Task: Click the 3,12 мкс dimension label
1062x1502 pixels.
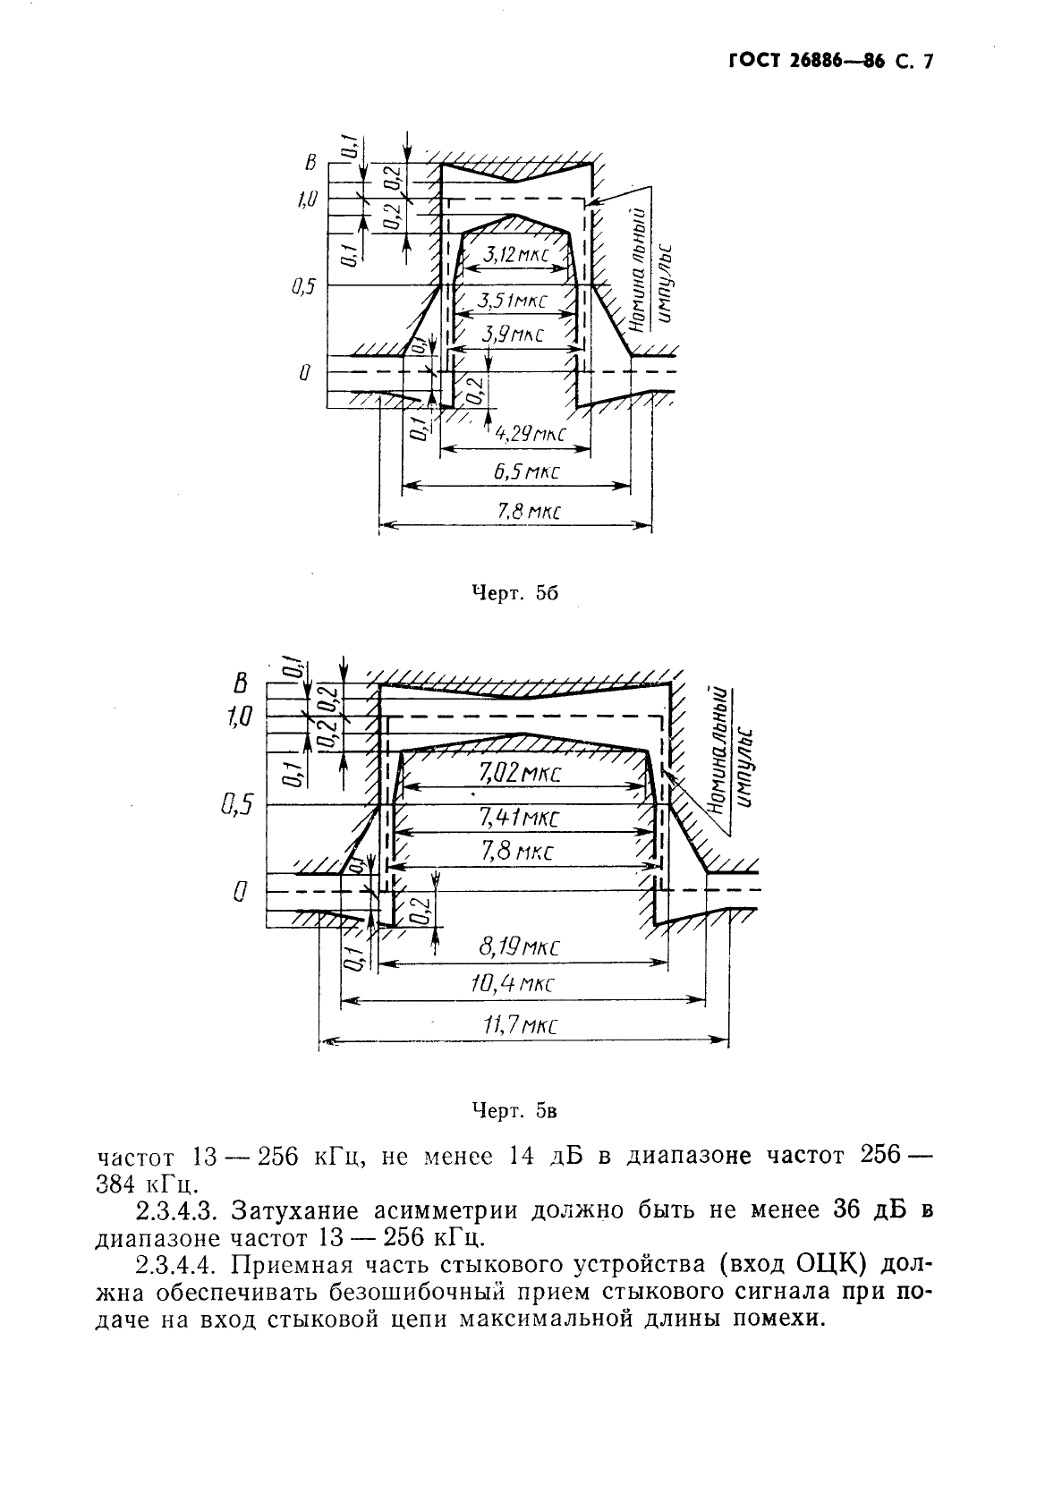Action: tap(514, 256)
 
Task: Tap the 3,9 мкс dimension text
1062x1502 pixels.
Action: tap(513, 335)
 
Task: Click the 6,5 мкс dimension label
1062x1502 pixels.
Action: tap(519, 472)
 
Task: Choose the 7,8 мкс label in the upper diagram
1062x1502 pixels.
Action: tap(514, 513)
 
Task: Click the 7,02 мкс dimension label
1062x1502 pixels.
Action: tap(520, 773)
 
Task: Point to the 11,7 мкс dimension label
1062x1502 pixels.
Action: tap(520, 1025)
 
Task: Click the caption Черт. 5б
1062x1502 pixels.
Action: tap(515, 593)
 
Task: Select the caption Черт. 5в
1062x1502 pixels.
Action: tap(514, 1111)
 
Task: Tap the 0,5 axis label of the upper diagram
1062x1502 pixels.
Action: tap(303, 288)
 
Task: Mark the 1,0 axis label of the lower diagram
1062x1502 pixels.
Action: tap(242, 716)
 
